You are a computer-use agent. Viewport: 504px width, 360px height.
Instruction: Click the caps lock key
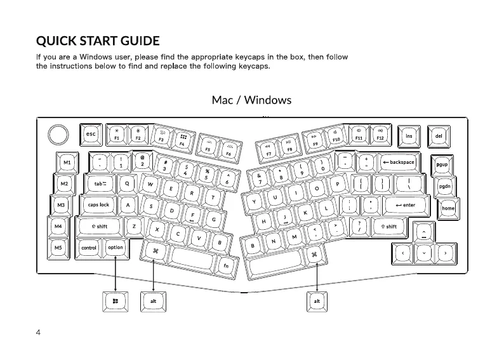(x=98, y=205)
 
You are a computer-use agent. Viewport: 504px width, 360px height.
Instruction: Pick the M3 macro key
(x=61, y=205)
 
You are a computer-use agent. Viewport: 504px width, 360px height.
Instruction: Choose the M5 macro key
(x=58, y=248)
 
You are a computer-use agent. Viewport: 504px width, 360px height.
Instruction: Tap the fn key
(x=226, y=265)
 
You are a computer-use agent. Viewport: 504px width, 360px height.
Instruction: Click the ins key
(x=409, y=136)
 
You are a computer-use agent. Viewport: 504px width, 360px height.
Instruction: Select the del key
(x=439, y=136)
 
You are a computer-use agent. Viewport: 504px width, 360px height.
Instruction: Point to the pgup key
(x=442, y=164)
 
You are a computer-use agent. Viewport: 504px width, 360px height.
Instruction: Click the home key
(x=448, y=208)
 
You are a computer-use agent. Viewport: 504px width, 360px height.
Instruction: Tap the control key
(x=90, y=248)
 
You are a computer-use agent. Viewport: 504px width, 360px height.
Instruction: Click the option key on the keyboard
(x=116, y=248)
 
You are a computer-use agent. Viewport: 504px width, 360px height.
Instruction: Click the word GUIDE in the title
(x=134, y=42)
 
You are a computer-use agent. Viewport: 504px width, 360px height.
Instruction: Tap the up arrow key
(x=424, y=234)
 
